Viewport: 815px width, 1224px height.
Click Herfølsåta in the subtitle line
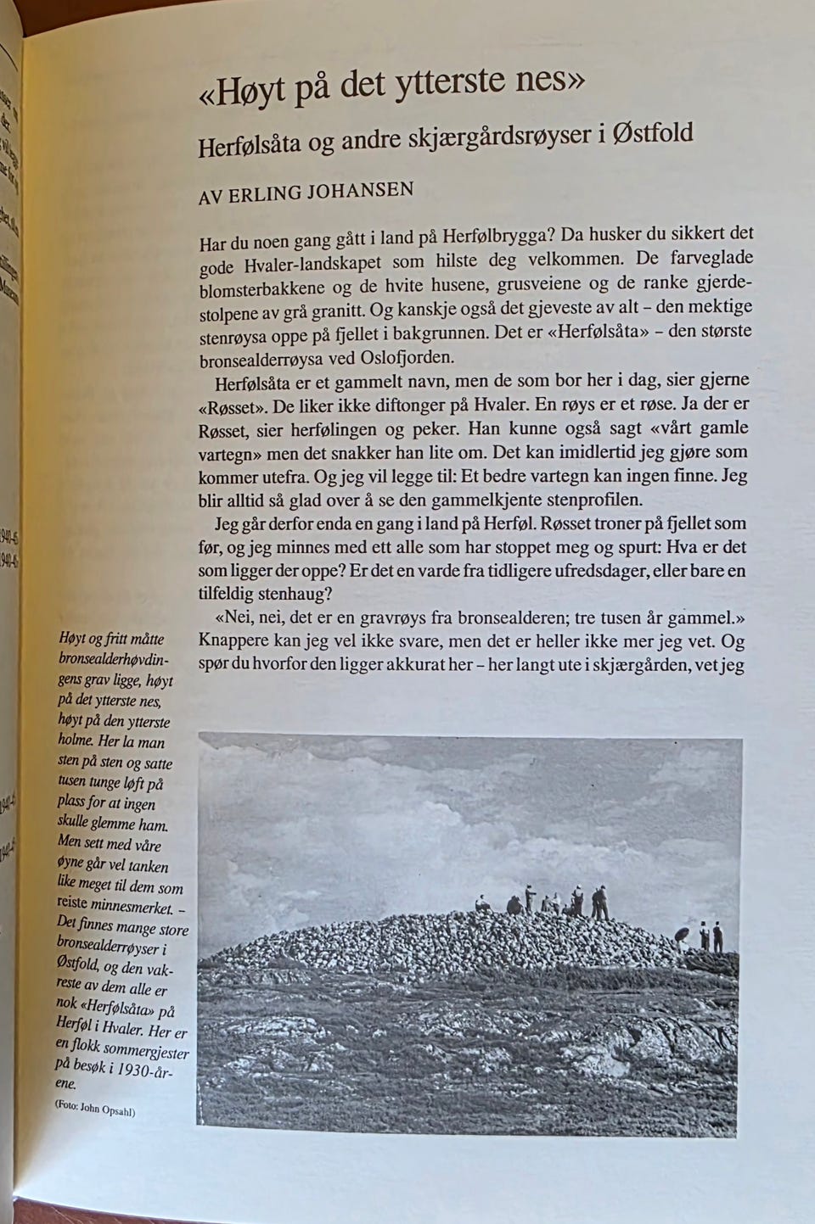pyautogui.click(x=250, y=146)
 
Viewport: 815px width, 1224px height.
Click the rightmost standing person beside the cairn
pyautogui.click(x=718, y=936)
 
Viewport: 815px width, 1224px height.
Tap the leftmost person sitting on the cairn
pyautogui.click(x=482, y=904)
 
